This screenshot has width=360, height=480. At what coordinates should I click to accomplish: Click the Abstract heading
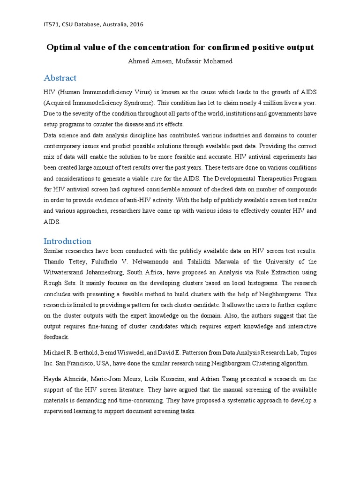click(60, 78)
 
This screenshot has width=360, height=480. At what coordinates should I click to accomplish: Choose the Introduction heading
click(67, 241)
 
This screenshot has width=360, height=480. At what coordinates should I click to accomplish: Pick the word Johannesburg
click(123, 272)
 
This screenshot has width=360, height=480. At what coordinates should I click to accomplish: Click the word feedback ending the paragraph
click(56, 337)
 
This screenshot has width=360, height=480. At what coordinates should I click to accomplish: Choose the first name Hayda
click(52, 379)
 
